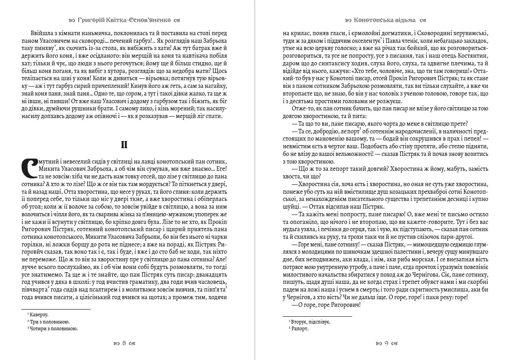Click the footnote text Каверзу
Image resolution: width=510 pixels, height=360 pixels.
[x=39, y=314]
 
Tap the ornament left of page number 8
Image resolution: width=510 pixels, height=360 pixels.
[x=116, y=344]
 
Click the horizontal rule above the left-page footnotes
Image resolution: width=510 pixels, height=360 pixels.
[x=56, y=309]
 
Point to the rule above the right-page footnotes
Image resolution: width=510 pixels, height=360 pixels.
[x=317, y=317]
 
